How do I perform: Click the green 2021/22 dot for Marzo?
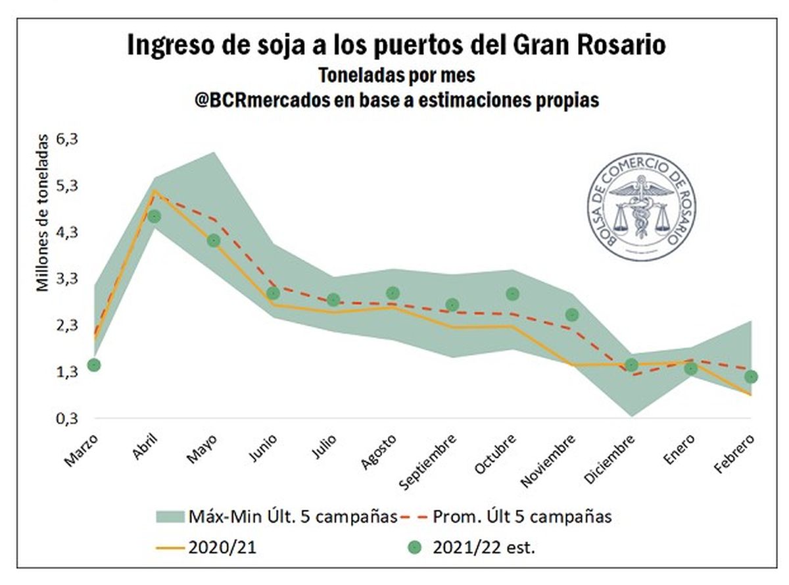[x=94, y=365]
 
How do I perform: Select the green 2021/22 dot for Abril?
[x=155, y=216]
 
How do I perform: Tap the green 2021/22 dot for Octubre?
[x=513, y=293]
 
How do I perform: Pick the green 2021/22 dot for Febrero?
[x=751, y=376]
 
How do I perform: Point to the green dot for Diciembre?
[x=632, y=365]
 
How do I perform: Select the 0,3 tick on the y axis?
[x=68, y=418]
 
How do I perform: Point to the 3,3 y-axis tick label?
[x=68, y=278]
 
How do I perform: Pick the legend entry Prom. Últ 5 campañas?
[x=522, y=517]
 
